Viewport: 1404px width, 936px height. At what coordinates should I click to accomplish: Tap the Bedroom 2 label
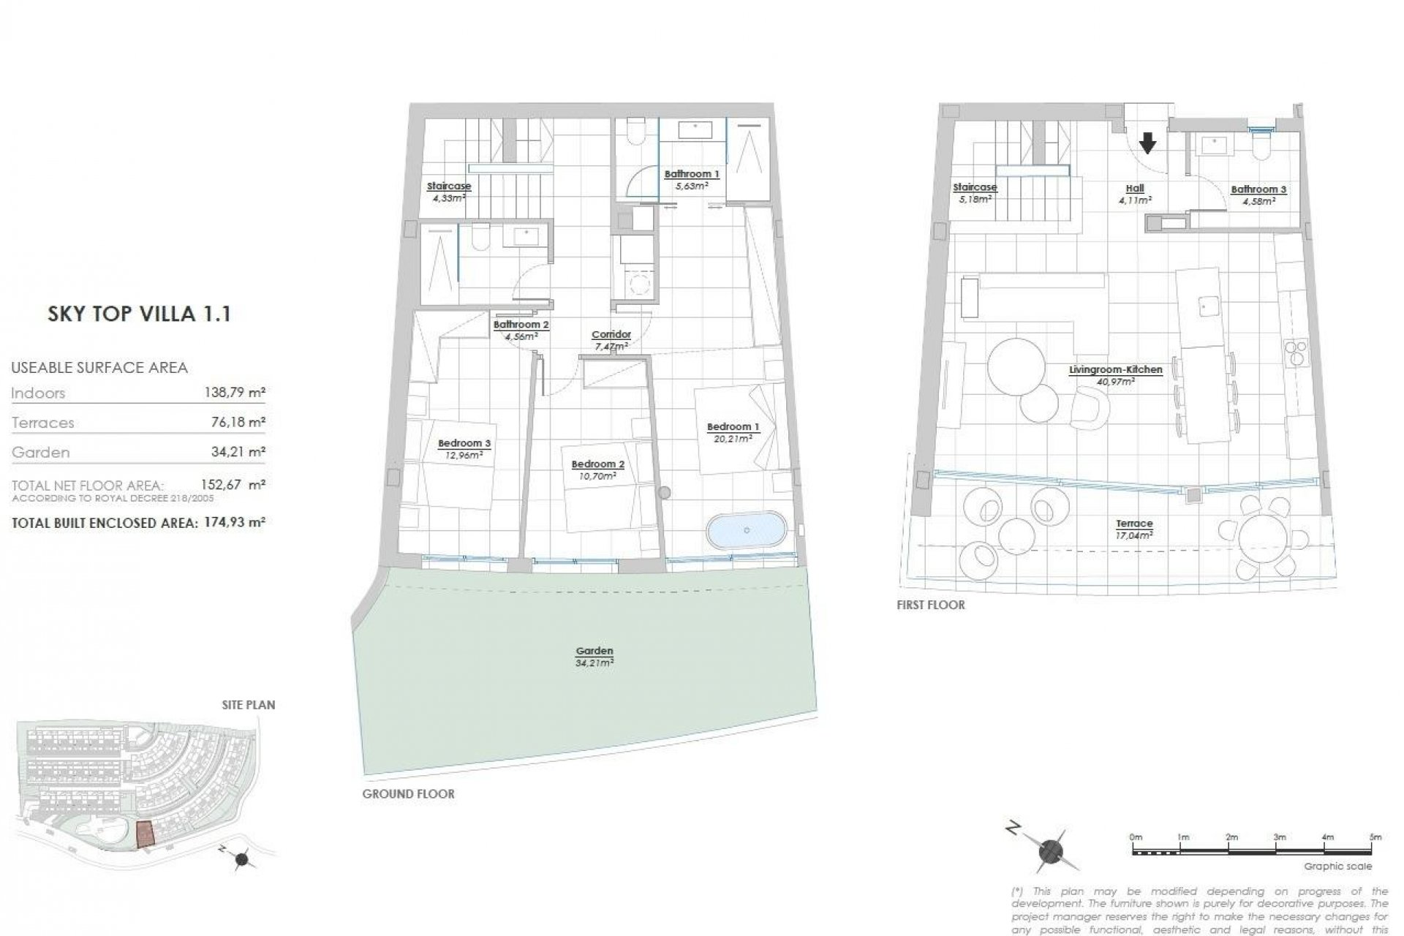click(x=597, y=464)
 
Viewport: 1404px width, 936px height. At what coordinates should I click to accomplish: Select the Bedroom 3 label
click(x=464, y=443)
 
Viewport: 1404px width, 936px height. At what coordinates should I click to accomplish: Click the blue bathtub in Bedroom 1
click(x=746, y=530)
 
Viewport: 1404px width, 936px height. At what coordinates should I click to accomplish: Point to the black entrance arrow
click(x=1147, y=143)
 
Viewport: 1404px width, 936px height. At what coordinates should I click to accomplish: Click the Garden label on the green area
click(x=594, y=651)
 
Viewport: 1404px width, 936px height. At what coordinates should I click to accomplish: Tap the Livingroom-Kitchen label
click(x=1115, y=370)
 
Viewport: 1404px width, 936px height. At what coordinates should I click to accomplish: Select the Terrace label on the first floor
click(x=1134, y=524)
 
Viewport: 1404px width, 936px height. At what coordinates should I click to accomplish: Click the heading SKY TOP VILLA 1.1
click(x=139, y=314)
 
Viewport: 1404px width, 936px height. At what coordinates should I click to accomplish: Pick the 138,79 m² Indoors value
click(x=234, y=393)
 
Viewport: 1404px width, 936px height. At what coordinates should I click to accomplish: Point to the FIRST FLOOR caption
click(x=930, y=605)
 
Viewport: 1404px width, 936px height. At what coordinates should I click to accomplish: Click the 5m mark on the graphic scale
click(x=1375, y=837)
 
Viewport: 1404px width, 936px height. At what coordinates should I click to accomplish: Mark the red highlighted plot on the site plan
click(x=146, y=833)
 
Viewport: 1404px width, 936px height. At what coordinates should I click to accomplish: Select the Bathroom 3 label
click(x=1258, y=189)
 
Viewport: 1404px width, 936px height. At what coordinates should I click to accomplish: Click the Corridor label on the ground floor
click(x=611, y=335)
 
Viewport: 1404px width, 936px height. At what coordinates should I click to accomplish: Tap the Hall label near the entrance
click(x=1135, y=189)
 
